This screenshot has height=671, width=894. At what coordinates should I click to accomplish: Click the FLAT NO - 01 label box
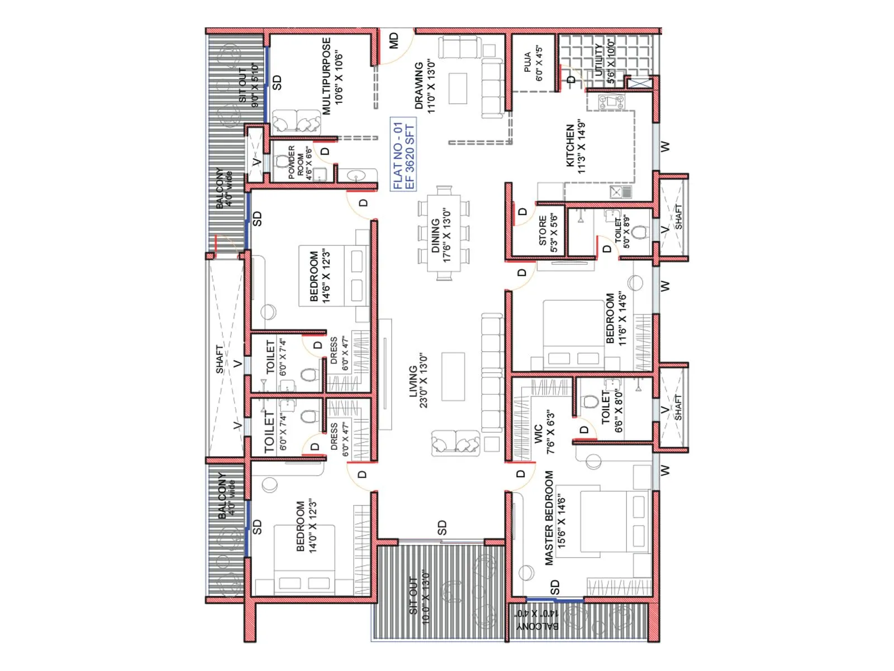tap(403, 155)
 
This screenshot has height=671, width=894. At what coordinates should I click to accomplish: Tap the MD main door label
tap(394, 40)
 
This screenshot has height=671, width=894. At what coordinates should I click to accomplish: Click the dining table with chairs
tap(444, 232)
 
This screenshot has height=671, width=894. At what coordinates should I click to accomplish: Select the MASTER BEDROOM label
tap(549, 517)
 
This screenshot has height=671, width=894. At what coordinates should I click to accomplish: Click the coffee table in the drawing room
tap(458, 88)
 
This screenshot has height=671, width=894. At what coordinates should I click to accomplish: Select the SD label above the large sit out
tap(442, 528)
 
